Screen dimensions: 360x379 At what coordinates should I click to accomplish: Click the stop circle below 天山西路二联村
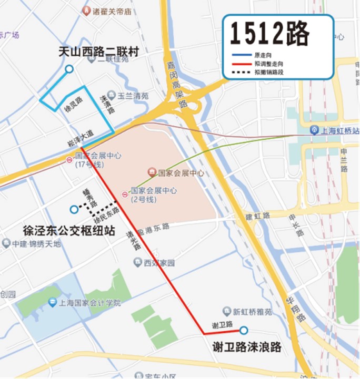coord(69,69)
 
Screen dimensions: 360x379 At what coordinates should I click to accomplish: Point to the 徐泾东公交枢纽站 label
coord(69,230)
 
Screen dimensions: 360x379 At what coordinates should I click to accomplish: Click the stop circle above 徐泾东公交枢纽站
coord(74,209)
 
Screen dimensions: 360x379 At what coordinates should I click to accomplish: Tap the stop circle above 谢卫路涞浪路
coord(244,330)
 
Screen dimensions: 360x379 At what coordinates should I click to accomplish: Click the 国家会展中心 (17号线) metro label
coord(98,159)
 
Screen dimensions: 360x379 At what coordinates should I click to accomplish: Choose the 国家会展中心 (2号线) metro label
coord(153,194)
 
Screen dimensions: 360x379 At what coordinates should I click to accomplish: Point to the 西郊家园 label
coord(159,263)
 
